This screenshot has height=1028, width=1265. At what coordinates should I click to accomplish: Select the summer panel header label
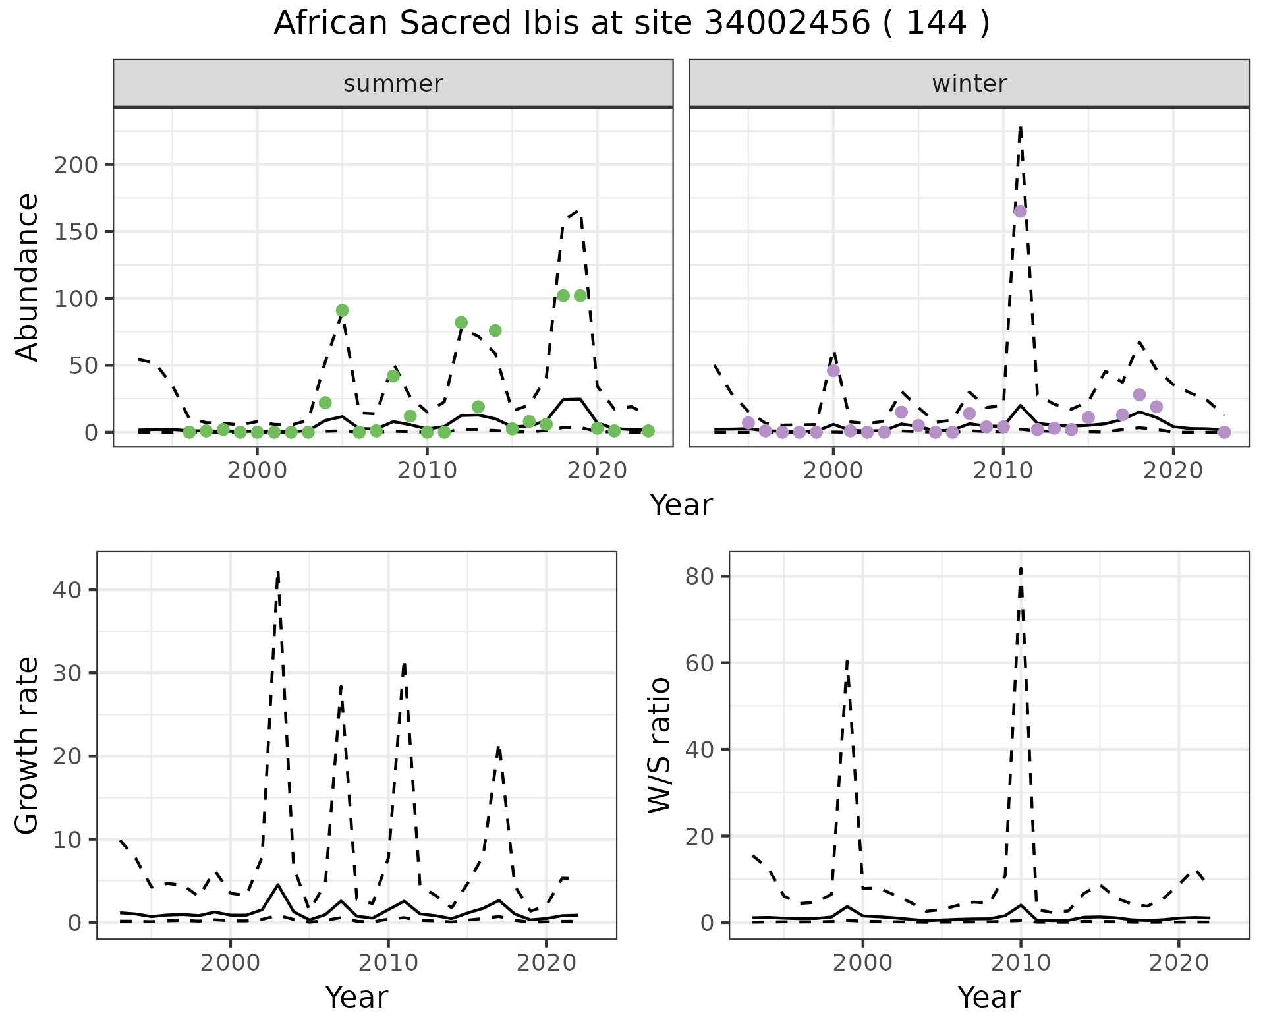(x=393, y=84)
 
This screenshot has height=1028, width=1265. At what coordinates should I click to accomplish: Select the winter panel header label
(x=969, y=84)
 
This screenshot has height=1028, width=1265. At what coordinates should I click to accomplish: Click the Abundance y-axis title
(x=28, y=277)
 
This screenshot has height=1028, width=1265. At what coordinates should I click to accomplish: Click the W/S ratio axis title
(x=660, y=745)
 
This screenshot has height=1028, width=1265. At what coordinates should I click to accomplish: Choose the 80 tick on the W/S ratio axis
(x=699, y=577)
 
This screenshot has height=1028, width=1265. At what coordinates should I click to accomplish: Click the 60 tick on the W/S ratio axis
(x=699, y=663)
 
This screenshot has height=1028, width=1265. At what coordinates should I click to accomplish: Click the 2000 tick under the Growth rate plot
(x=230, y=963)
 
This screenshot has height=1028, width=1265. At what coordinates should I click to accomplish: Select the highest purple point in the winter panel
(x=1020, y=212)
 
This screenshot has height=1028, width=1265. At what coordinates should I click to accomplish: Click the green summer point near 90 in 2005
(x=342, y=310)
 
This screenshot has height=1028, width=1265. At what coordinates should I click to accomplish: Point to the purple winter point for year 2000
(x=833, y=370)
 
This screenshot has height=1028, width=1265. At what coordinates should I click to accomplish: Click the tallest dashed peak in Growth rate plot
(x=279, y=572)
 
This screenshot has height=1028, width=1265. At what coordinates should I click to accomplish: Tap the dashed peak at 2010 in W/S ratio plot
(x=1021, y=569)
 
